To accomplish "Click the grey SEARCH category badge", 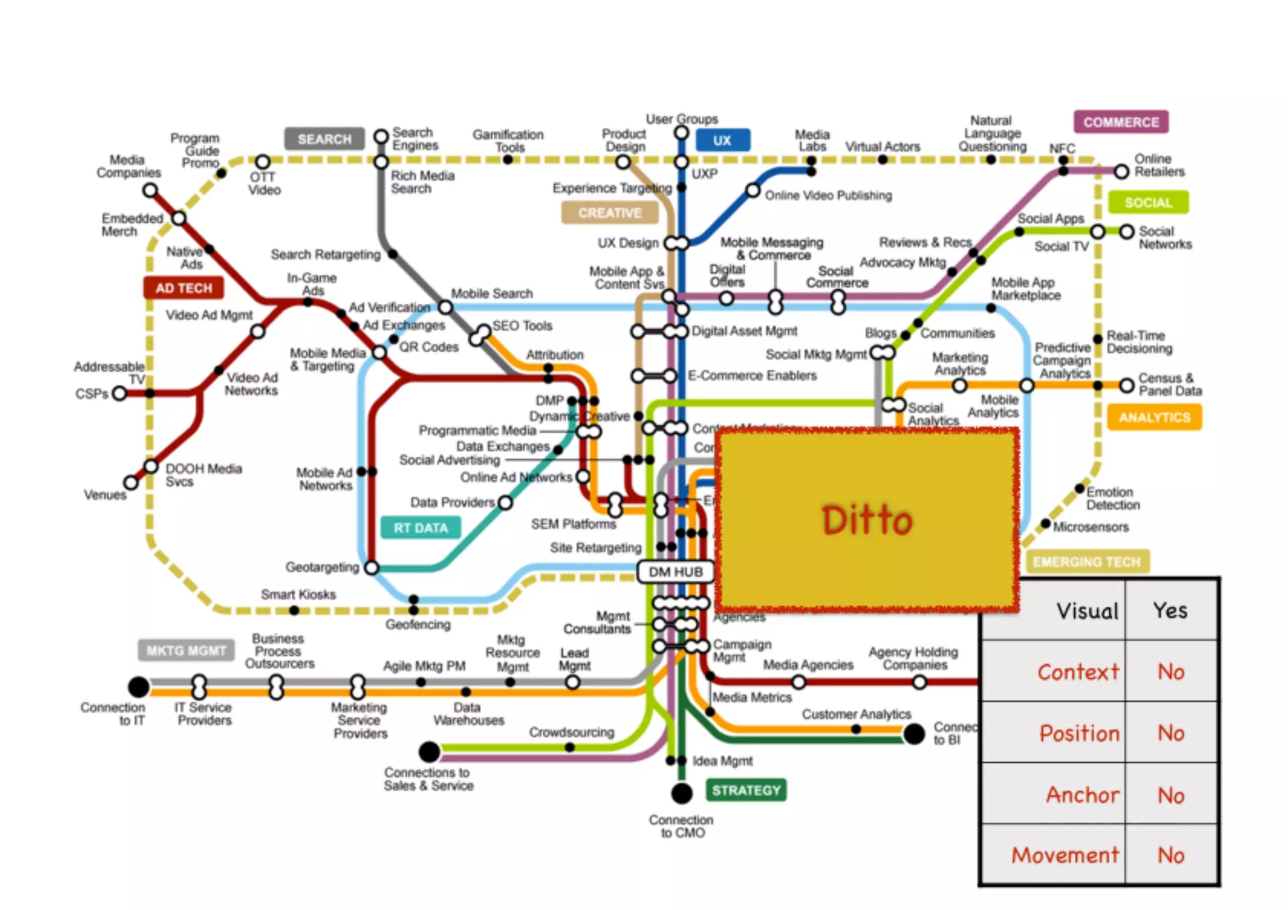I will [x=324, y=139].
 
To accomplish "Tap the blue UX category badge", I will [x=722, y=140].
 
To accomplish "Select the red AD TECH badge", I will [x=184, y=288].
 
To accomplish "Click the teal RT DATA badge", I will [x=421, y=528].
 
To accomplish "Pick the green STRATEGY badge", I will [x=746, y=790].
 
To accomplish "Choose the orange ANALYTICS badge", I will [x=1154, y=417].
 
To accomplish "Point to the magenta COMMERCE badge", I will [x=1121, y=122].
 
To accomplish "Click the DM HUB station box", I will [x=675, y=572].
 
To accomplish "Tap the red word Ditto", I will [x=867, y=521].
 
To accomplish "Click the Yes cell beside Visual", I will [x=1170, y=610].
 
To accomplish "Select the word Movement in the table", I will [x=1065, y=855].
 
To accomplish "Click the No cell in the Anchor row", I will [x=1170, y=796].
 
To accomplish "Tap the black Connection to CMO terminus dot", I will [x=681, y=793].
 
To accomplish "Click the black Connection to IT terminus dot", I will [x=138, y=687].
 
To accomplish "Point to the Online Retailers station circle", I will [x=1121, y=171].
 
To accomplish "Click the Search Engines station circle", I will [x=381, y=136].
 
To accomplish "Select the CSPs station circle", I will [x=119, y=394].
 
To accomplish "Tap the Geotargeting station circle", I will [x=372, y=568].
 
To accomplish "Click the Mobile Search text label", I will [x=491, y=294].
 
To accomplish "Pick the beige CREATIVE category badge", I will [x=609, y=213].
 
